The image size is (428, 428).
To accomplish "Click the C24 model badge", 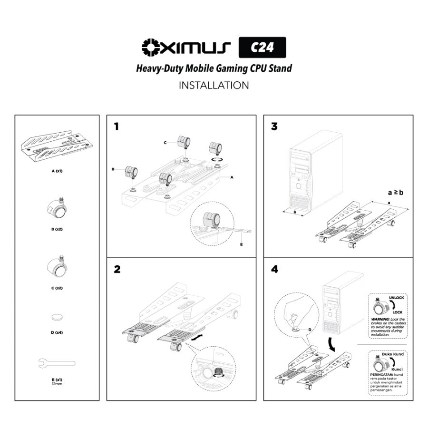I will [x=262, y=48].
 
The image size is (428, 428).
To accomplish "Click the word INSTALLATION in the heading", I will [x=214, y=86].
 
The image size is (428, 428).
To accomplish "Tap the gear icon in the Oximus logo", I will [x=151, y=47].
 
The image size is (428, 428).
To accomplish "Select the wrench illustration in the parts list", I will [x=56, y=363].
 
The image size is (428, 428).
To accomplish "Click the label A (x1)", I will [x=57, y=170].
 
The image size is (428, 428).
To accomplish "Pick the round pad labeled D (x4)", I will [x=57, y=317].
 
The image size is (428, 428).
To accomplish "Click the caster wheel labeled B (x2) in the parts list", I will [x=58, y=208].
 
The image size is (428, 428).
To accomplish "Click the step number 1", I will [x=117, y=127].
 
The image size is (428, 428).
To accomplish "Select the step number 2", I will [x=117, y=270].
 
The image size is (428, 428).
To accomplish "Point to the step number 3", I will [x=274, y=127].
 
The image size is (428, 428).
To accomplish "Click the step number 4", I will [x=275, y=270].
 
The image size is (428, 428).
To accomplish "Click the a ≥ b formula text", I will [x=396, y=193].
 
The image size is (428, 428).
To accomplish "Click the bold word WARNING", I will [x=379, y=319].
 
